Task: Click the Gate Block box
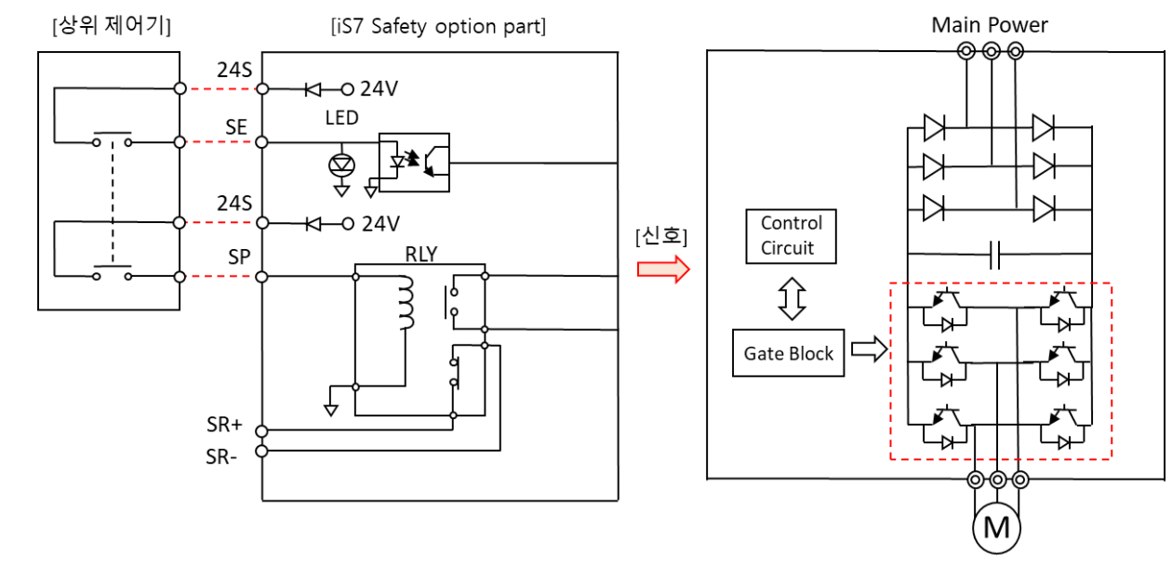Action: coord(788,353)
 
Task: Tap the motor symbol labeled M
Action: coord(996,528)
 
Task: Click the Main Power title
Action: coord(990,25)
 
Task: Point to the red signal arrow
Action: coord(662,270)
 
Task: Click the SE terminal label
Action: coord(237,127)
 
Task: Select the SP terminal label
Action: coord(239,257)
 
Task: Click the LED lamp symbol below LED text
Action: coord(341,165)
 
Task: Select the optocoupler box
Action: coord(414,164)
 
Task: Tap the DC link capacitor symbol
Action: coord(993,254)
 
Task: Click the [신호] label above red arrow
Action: coord(661,237)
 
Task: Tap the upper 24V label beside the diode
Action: coord(380,89)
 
